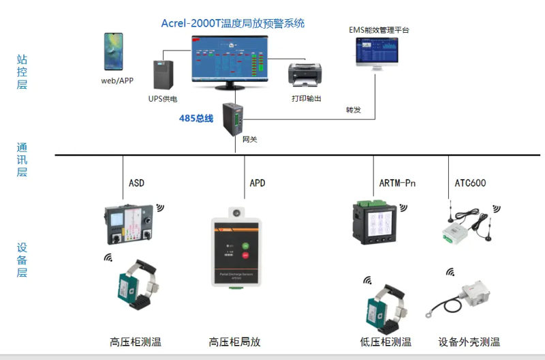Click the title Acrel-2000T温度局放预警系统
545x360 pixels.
[232, 23]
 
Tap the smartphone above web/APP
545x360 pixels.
[113, 51]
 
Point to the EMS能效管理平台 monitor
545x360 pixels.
[377, 52]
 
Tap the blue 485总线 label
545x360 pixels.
[196, 119]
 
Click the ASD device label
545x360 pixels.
[136, 183]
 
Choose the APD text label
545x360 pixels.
[258, 183]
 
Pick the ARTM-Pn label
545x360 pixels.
[397, 183]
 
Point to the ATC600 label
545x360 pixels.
[470, 183]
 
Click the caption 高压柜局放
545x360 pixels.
[235, 342]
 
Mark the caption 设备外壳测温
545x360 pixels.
[469, 342]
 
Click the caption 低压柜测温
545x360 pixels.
[386, 342]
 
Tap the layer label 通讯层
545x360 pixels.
[22, 160]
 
